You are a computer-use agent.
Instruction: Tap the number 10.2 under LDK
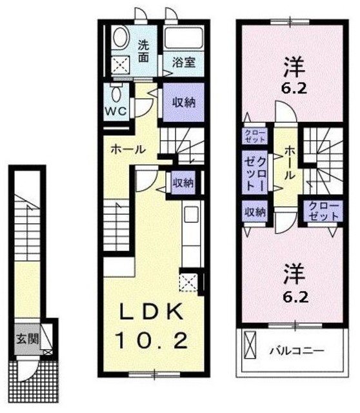click(x=153, y=339)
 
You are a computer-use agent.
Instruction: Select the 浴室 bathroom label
click(x=183, y=63)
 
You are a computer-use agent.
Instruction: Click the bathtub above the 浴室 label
click(x=183, y=37)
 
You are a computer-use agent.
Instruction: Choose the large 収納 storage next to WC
click(x=183, y=102)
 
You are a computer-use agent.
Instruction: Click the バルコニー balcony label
click(x=295, y=351)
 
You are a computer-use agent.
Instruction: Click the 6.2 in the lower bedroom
click(x=290, y=298)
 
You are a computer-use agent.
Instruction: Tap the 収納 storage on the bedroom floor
click(x=254, y=211)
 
